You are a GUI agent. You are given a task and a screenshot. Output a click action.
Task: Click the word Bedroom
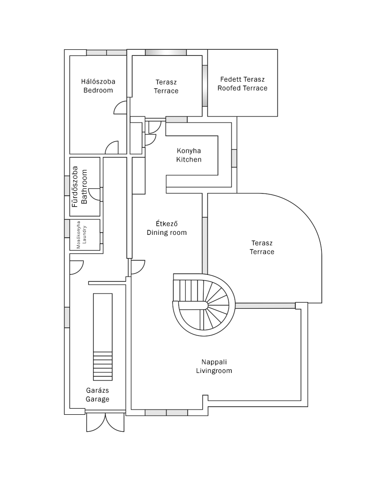tap(98, 90)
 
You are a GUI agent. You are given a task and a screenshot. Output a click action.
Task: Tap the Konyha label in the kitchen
tap(189, 151)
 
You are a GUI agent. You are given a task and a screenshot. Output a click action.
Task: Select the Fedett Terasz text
tap(242, 79)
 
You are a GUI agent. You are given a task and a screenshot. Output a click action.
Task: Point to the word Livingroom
tap(214, 371)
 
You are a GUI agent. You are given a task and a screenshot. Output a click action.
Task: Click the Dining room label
tap(166, 233)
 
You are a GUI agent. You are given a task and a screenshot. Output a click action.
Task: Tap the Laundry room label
tap(85, 235)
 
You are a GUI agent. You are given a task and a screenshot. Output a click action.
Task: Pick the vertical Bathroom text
tap(84, 187)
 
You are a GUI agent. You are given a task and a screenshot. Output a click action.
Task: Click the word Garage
tap(97, 399)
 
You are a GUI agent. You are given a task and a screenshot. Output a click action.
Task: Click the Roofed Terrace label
tap(242, 88)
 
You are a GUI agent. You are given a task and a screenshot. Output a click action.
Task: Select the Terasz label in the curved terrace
tap(262, 243)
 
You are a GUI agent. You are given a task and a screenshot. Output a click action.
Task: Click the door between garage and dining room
tap(138, 267)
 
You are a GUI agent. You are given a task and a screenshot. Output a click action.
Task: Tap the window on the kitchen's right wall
tap(234, 158)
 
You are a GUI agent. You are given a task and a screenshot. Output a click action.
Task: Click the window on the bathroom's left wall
tap(67, 186)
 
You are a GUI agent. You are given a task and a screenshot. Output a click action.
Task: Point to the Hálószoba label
tap(98, 82)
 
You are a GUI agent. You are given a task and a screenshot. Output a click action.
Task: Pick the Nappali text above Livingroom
tap(214, 362)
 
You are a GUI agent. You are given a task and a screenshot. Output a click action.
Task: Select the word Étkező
tap(166, 224)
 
